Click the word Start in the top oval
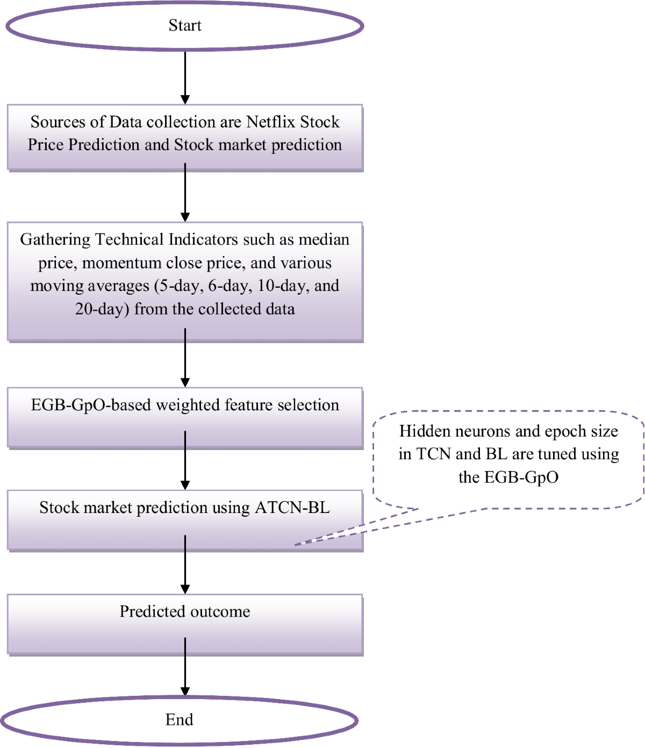coord(185,25)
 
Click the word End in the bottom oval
coord(179,719)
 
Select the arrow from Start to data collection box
coord(185,75)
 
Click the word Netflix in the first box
coord(270,122)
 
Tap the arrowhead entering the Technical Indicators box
coord(185,217)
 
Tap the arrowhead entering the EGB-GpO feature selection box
coord(185,382)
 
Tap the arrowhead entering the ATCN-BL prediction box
coord(185,485)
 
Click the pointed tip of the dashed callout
coord(295,545)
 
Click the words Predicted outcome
coord(184,611)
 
